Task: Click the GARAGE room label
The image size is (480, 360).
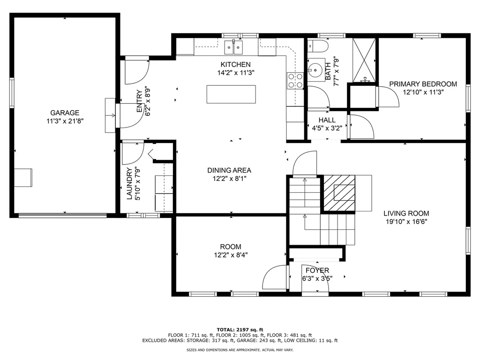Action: coord(65,112)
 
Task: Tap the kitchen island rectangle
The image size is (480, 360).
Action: coord(231,94)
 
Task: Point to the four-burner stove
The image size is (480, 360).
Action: coord(295,81)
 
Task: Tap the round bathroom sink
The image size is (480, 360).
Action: coord(315,70)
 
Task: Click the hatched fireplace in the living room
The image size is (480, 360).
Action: coord(339,193)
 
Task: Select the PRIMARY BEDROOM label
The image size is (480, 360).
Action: coord(423,84)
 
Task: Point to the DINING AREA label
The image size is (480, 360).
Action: coord(229,170)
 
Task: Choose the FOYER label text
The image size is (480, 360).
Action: coord(317,270)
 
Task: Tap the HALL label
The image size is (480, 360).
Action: coord(327,120)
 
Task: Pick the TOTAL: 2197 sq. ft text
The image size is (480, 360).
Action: coord(240,330)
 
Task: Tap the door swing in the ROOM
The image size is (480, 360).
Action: coord(275,278)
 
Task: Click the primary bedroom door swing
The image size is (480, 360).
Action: coord(389,97)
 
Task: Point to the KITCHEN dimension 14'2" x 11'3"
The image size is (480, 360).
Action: coord(236,73)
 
